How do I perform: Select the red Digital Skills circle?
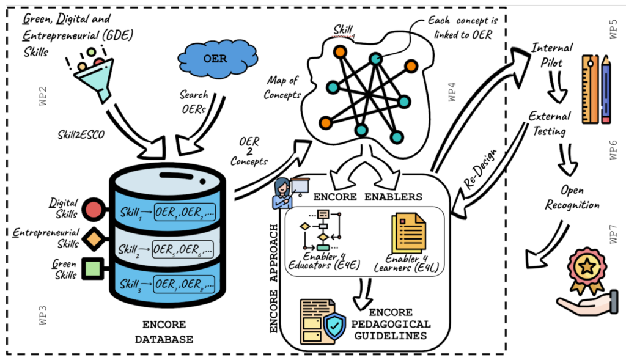(x=94, y=209)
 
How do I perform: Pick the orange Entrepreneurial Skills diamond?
(x=94, y=239)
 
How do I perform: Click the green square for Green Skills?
(x=94, y=268)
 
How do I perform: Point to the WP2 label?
(x=43, y=96)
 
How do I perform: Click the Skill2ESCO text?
(x=81, y=134)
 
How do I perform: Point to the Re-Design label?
(x=481, y=169)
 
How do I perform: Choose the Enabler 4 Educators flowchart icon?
(x=322, y=230)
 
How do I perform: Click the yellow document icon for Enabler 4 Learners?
(x=408, y=233)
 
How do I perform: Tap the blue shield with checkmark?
(x=334, y=326)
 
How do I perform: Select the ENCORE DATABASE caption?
(x=164, y=332)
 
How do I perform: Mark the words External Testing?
(x=550, y=123)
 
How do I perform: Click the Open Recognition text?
(x=572, y=197)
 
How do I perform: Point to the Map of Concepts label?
(x=282, y=87)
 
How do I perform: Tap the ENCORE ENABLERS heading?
(x=367, y=197)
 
